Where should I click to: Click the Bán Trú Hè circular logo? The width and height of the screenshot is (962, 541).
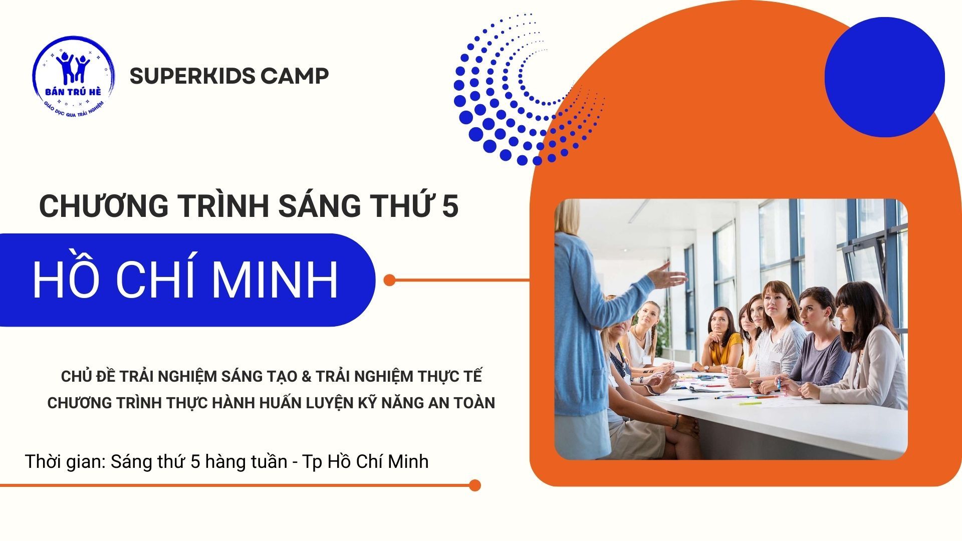74,76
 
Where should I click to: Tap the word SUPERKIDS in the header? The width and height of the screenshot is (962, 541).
192,76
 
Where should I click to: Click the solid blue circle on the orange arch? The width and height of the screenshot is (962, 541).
884,77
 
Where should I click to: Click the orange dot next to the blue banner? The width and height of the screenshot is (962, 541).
389,280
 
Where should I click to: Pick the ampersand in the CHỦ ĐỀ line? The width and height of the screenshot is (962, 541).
306,377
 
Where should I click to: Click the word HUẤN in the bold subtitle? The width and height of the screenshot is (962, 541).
283,403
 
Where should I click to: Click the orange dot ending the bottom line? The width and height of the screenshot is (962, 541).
474,485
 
